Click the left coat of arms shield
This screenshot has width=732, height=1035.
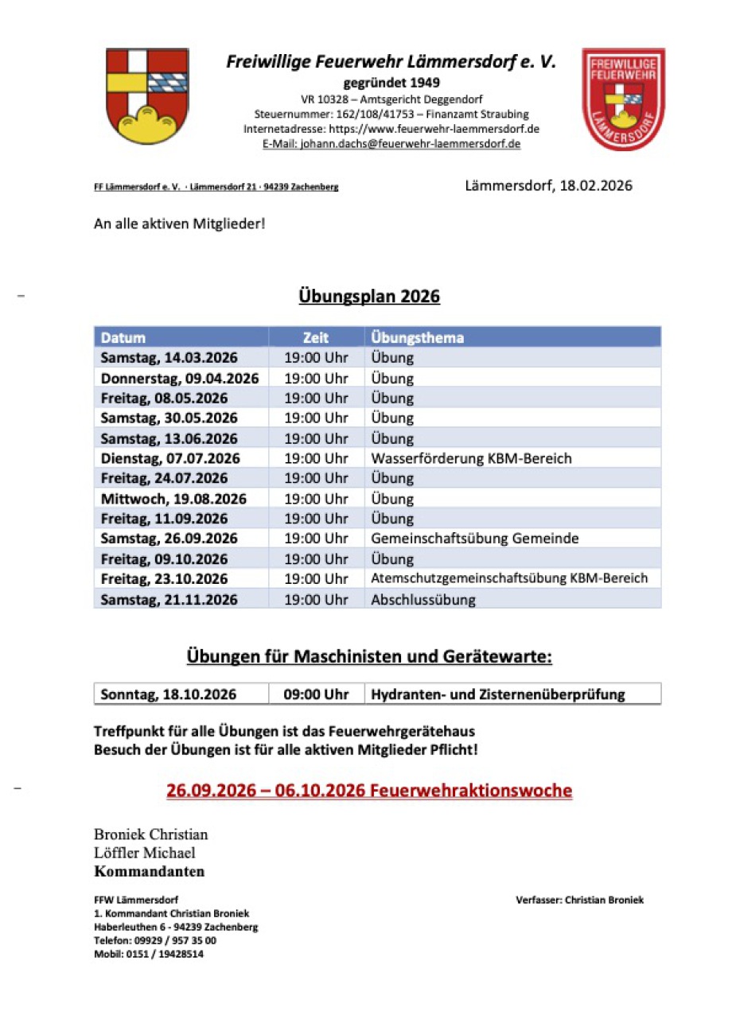click(x=147, y=95)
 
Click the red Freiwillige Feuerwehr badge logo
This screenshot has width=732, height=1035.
click(x=623, y=99)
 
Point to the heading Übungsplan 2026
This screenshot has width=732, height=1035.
click(x=369, y=297)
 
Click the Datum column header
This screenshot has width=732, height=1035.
click(x=123, y=337)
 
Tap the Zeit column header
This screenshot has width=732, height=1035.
click(x=316, y=337)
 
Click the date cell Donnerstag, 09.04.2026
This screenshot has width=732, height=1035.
click(x=180, y=378)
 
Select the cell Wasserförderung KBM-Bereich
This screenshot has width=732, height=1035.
click(x=471, y=458)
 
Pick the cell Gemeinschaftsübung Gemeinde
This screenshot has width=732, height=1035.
click(x=475, y=539)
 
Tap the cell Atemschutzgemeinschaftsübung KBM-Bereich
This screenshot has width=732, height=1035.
click(x=509, y=578)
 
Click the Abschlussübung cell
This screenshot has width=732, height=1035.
click(x=423, y=599)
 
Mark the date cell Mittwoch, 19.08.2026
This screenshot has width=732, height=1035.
click(x=173, y=499)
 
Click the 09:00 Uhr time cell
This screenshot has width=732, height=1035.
click(x=317, y=694)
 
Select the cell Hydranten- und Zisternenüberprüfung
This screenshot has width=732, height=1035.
click(x=498, y=694)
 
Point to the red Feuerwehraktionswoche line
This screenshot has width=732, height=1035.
click(x=369, y=791)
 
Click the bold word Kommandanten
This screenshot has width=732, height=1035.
click(x=149, y=871)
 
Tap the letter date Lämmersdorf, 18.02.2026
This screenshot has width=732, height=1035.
click(x=549, y=186)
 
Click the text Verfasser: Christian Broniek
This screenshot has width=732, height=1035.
click(x=579, y=900)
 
